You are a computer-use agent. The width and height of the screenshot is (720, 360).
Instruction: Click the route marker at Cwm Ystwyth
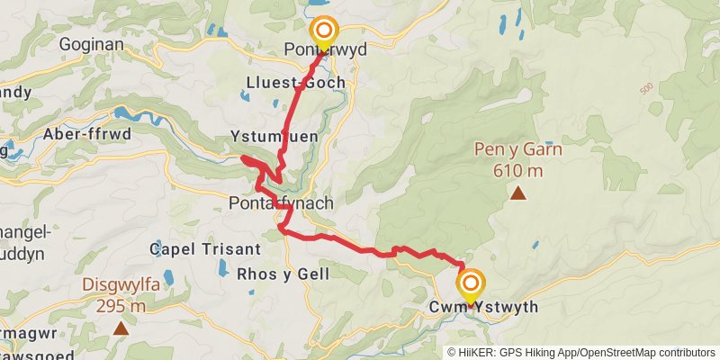click(470, 284)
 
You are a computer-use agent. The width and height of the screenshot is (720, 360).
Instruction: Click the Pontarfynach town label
click(281, 203)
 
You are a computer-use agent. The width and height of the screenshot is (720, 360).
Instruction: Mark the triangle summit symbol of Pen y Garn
click(518, 192)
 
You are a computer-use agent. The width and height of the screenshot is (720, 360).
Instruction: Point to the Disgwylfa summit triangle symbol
click(121, 328)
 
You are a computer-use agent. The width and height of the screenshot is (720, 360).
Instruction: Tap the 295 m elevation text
click(121, 306)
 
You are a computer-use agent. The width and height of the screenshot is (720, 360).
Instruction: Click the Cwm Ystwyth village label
click(485, 308)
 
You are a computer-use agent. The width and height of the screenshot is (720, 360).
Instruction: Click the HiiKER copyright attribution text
click(581, 352)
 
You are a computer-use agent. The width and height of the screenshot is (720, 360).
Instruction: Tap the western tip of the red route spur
click(243, 159)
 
